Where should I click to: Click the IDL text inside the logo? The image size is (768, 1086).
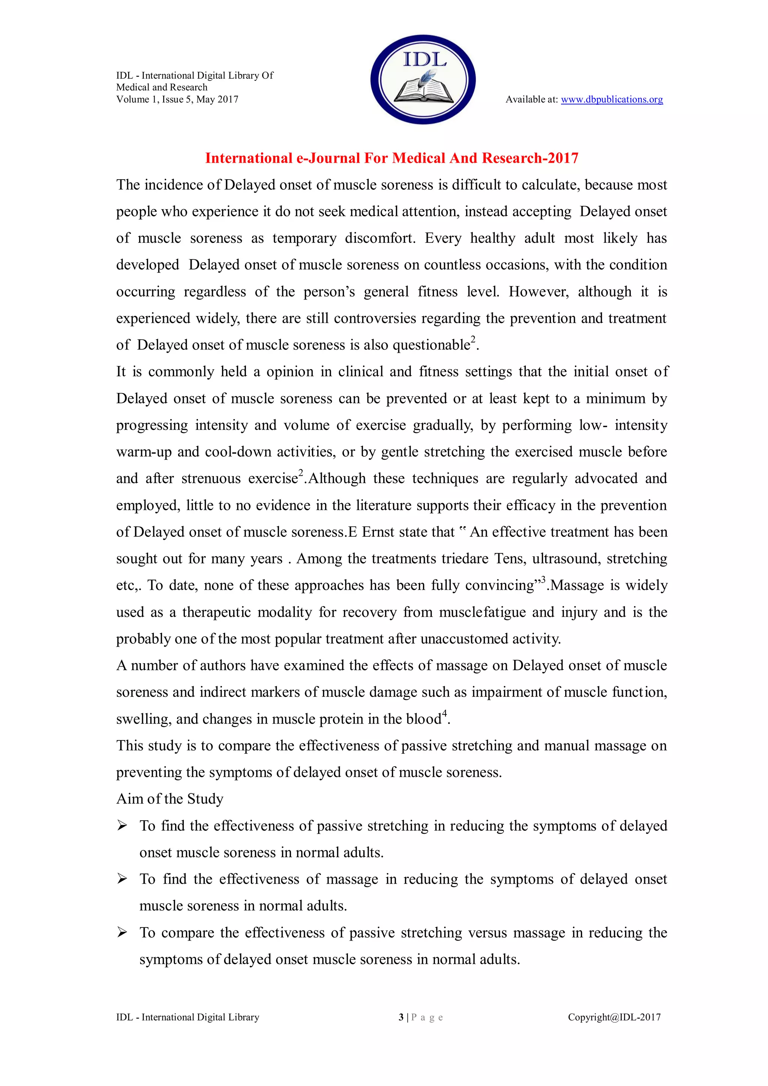pos(424,60)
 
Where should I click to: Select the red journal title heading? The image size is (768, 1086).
pos(391,158)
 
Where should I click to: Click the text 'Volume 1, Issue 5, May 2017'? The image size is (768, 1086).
pos(177,99)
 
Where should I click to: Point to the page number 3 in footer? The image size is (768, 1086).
pos(401,1017)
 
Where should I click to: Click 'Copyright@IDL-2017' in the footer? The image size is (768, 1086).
pos(614,1017)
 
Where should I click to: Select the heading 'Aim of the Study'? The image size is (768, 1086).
pos(169,799)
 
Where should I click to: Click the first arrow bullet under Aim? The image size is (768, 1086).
pos(122,826)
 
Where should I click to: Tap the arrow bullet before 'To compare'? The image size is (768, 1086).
pos(122,933)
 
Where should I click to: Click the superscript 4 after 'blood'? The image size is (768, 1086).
pos(444,714)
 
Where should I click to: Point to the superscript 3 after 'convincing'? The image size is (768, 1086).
pos(543,580)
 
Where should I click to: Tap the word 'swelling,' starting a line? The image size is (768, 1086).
pos(144,719)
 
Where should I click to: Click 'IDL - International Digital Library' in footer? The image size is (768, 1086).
pos(187,1017)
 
